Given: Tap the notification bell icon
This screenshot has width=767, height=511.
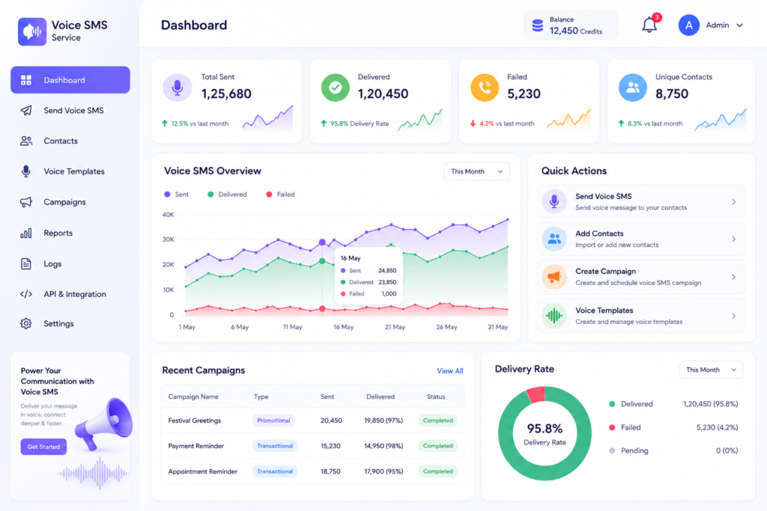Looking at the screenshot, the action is pyautogui.click(x=649, y=25).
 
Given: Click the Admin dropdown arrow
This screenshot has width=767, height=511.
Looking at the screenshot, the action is pyautogui.click(x=739, y=25).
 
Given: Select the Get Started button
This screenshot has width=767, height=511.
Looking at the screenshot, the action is pyautogui.click(x=43, y=447).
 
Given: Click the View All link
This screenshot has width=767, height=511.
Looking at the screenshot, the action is pyautogui.click(x=449, y=371).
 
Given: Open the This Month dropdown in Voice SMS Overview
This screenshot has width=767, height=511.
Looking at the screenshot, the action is pyautogui.click(x=476, y=171).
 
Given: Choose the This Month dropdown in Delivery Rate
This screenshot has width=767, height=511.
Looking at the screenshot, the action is pyautogui.click(x=711, y=370).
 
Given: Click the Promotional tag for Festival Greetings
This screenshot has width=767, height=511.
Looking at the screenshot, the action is pyautogui.click(x=273, y=420).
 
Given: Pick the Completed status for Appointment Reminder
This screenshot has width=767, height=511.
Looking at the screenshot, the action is pyautogui.click(x=437, y=471).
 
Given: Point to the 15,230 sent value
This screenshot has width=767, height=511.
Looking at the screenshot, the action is pyautogui.click(x=330, y=446).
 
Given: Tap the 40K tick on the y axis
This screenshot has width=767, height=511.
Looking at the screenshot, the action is pyautogui.click(x=168, y=215).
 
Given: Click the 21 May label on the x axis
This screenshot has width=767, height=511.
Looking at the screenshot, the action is pyautogui.click(x=395, y=327).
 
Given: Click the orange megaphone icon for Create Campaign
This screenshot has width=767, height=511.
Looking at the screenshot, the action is pyautogui.click(x=554, y=277).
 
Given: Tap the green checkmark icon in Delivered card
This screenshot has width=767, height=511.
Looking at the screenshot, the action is pyautogui.click(x=335, y=88).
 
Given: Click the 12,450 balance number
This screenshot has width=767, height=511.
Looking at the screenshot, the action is pyautogui.click(x=563, y=31).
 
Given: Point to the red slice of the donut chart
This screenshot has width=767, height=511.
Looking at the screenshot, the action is pyautogui.click(x=536, y=394).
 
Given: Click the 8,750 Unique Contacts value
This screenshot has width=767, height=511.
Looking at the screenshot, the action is pyautogui.click(x=672, y=94).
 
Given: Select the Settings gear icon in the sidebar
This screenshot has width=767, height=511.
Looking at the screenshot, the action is pyautogui.click(x=26, y=323).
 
